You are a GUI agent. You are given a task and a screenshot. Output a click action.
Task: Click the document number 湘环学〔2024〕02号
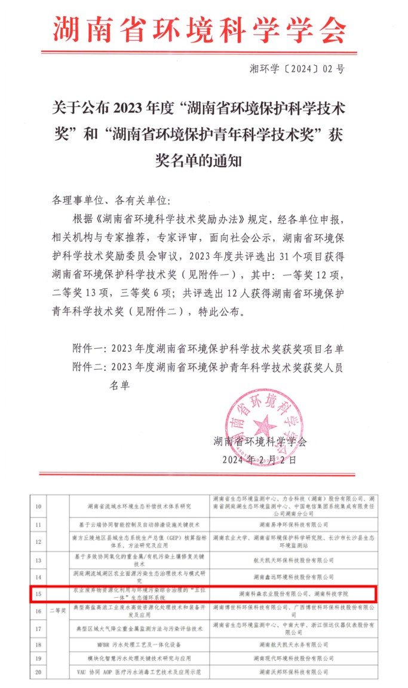296,69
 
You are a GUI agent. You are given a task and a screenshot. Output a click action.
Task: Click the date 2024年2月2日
259,460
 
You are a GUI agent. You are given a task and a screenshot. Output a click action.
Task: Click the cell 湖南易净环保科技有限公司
293,524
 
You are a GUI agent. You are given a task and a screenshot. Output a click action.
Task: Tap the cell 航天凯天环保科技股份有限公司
293,560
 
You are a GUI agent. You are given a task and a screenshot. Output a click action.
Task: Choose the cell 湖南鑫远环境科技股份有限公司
293,577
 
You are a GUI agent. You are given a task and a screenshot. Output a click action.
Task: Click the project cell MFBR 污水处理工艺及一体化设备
140,645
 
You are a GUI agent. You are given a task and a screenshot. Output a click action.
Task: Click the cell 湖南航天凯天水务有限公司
293,645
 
